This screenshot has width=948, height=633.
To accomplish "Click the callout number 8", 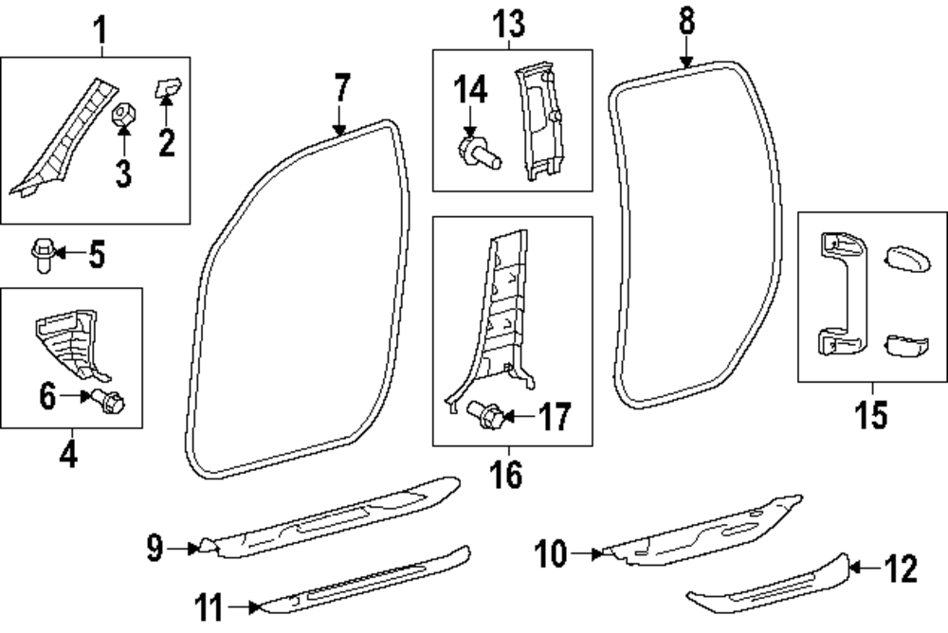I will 686,21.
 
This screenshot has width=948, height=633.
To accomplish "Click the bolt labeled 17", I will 486,414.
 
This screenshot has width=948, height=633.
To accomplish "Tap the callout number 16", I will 507,473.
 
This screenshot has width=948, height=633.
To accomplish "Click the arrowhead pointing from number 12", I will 852,568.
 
